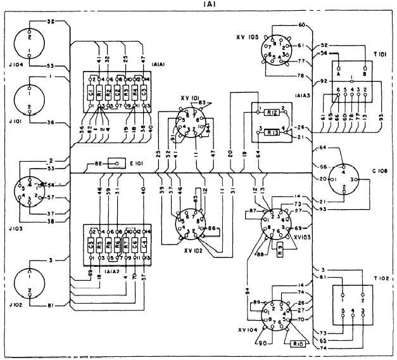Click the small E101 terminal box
pos(115,163)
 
